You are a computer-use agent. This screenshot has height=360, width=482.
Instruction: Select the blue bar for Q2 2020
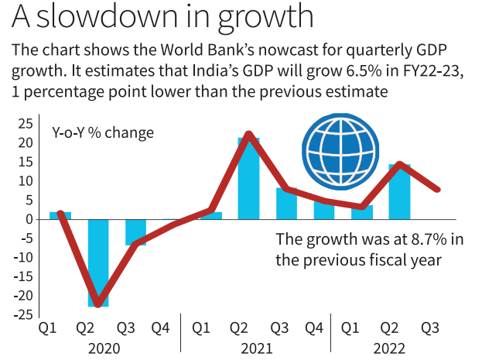(x=97, y=263)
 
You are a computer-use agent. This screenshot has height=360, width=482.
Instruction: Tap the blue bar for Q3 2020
(x=136, y=232)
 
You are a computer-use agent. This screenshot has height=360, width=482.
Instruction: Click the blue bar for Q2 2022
(x=399, y=192)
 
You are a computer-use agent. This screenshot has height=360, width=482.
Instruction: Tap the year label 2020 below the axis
(x=104, y=348)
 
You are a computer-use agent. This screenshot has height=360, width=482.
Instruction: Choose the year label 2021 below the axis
(x=255, y=348)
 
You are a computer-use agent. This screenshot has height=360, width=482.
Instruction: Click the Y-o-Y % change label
(x=103, y=132)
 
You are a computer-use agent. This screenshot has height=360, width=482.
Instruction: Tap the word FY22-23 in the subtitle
(x=442, y=71)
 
